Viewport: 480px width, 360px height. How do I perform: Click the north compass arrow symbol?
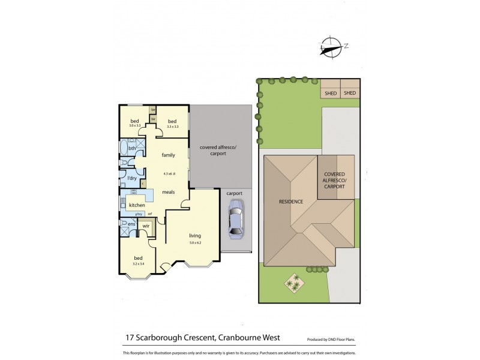click(330, 46)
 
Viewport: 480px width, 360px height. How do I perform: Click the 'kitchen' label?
click(137, 205)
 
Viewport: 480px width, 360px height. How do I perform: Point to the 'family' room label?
click(168, 155)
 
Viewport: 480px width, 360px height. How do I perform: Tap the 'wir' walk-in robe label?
click(146, 226)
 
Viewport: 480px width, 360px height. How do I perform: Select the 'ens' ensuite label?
click(131, 222)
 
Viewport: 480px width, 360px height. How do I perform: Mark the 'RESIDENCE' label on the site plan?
click(291, 201)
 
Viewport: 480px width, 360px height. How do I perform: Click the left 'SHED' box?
click(331, 93)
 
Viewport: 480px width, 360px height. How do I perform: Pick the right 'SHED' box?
click(349, 93)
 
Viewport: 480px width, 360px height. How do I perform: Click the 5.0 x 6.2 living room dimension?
click(195, 242)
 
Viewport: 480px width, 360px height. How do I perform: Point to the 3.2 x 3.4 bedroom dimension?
click(138, 263)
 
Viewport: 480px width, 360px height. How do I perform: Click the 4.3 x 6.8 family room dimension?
click(169, 173)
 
